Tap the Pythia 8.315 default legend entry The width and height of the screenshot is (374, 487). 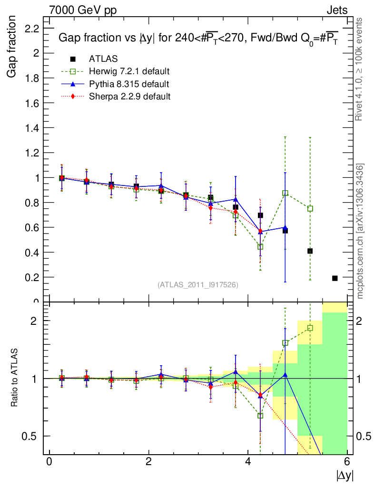point(128,84)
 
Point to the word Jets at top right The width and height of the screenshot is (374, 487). point(336,10)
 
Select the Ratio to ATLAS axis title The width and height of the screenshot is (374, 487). point(14,378)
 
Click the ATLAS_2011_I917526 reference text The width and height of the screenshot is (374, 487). point(198,284)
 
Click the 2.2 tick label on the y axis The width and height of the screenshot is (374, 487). point(32,29)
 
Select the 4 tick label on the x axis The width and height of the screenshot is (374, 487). point(248,461)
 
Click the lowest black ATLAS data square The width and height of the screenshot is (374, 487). point(335,278)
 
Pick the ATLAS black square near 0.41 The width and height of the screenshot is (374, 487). point(310,251)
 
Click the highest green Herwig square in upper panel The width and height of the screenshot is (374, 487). point(285,193)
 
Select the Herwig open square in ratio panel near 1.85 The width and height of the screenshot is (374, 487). point(310,328)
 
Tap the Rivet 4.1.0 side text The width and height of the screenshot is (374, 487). point(360,69)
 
